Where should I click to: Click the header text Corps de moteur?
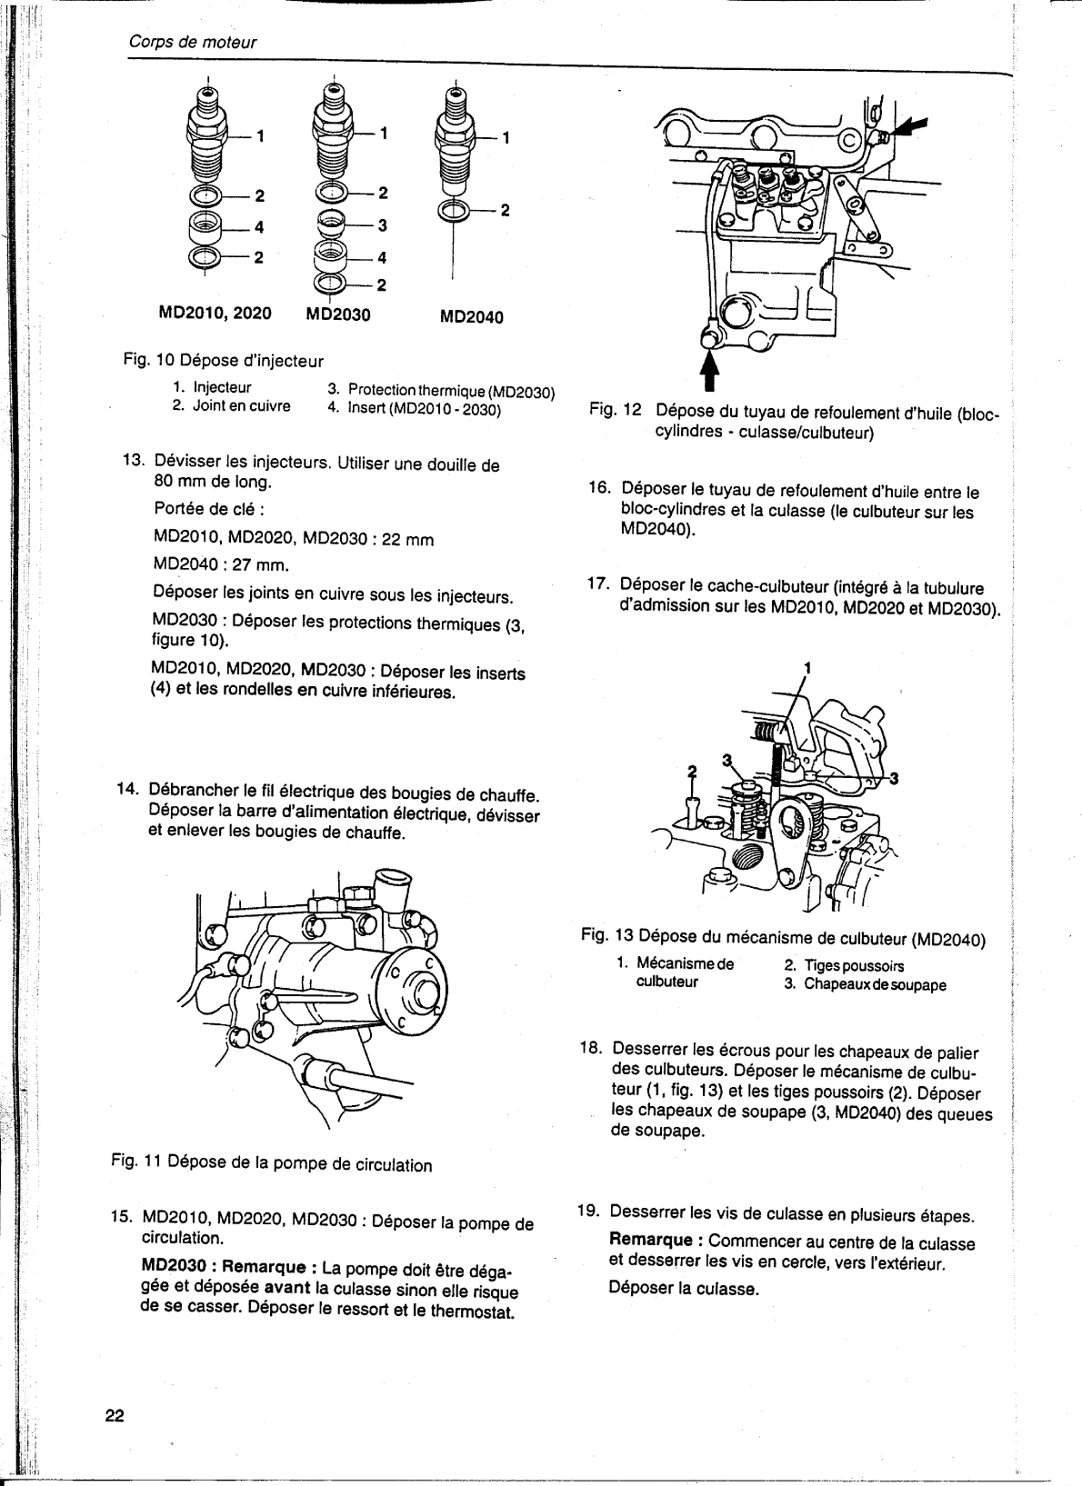click(191, 42)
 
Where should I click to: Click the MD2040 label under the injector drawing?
click(471, 317)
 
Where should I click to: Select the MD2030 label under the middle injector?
click(338, 314)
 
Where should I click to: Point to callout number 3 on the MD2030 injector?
click(383, 224)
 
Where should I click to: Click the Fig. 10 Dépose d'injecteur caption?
click(223, 361)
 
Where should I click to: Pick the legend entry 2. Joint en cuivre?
click(232, 405)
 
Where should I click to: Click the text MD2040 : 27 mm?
click(221, 564)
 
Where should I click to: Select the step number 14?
click(128, 787)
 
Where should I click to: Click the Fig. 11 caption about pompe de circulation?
click(271, 1164)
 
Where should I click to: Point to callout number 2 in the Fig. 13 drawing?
click(691, 772)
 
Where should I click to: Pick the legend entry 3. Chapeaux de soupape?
click(865, 984)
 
